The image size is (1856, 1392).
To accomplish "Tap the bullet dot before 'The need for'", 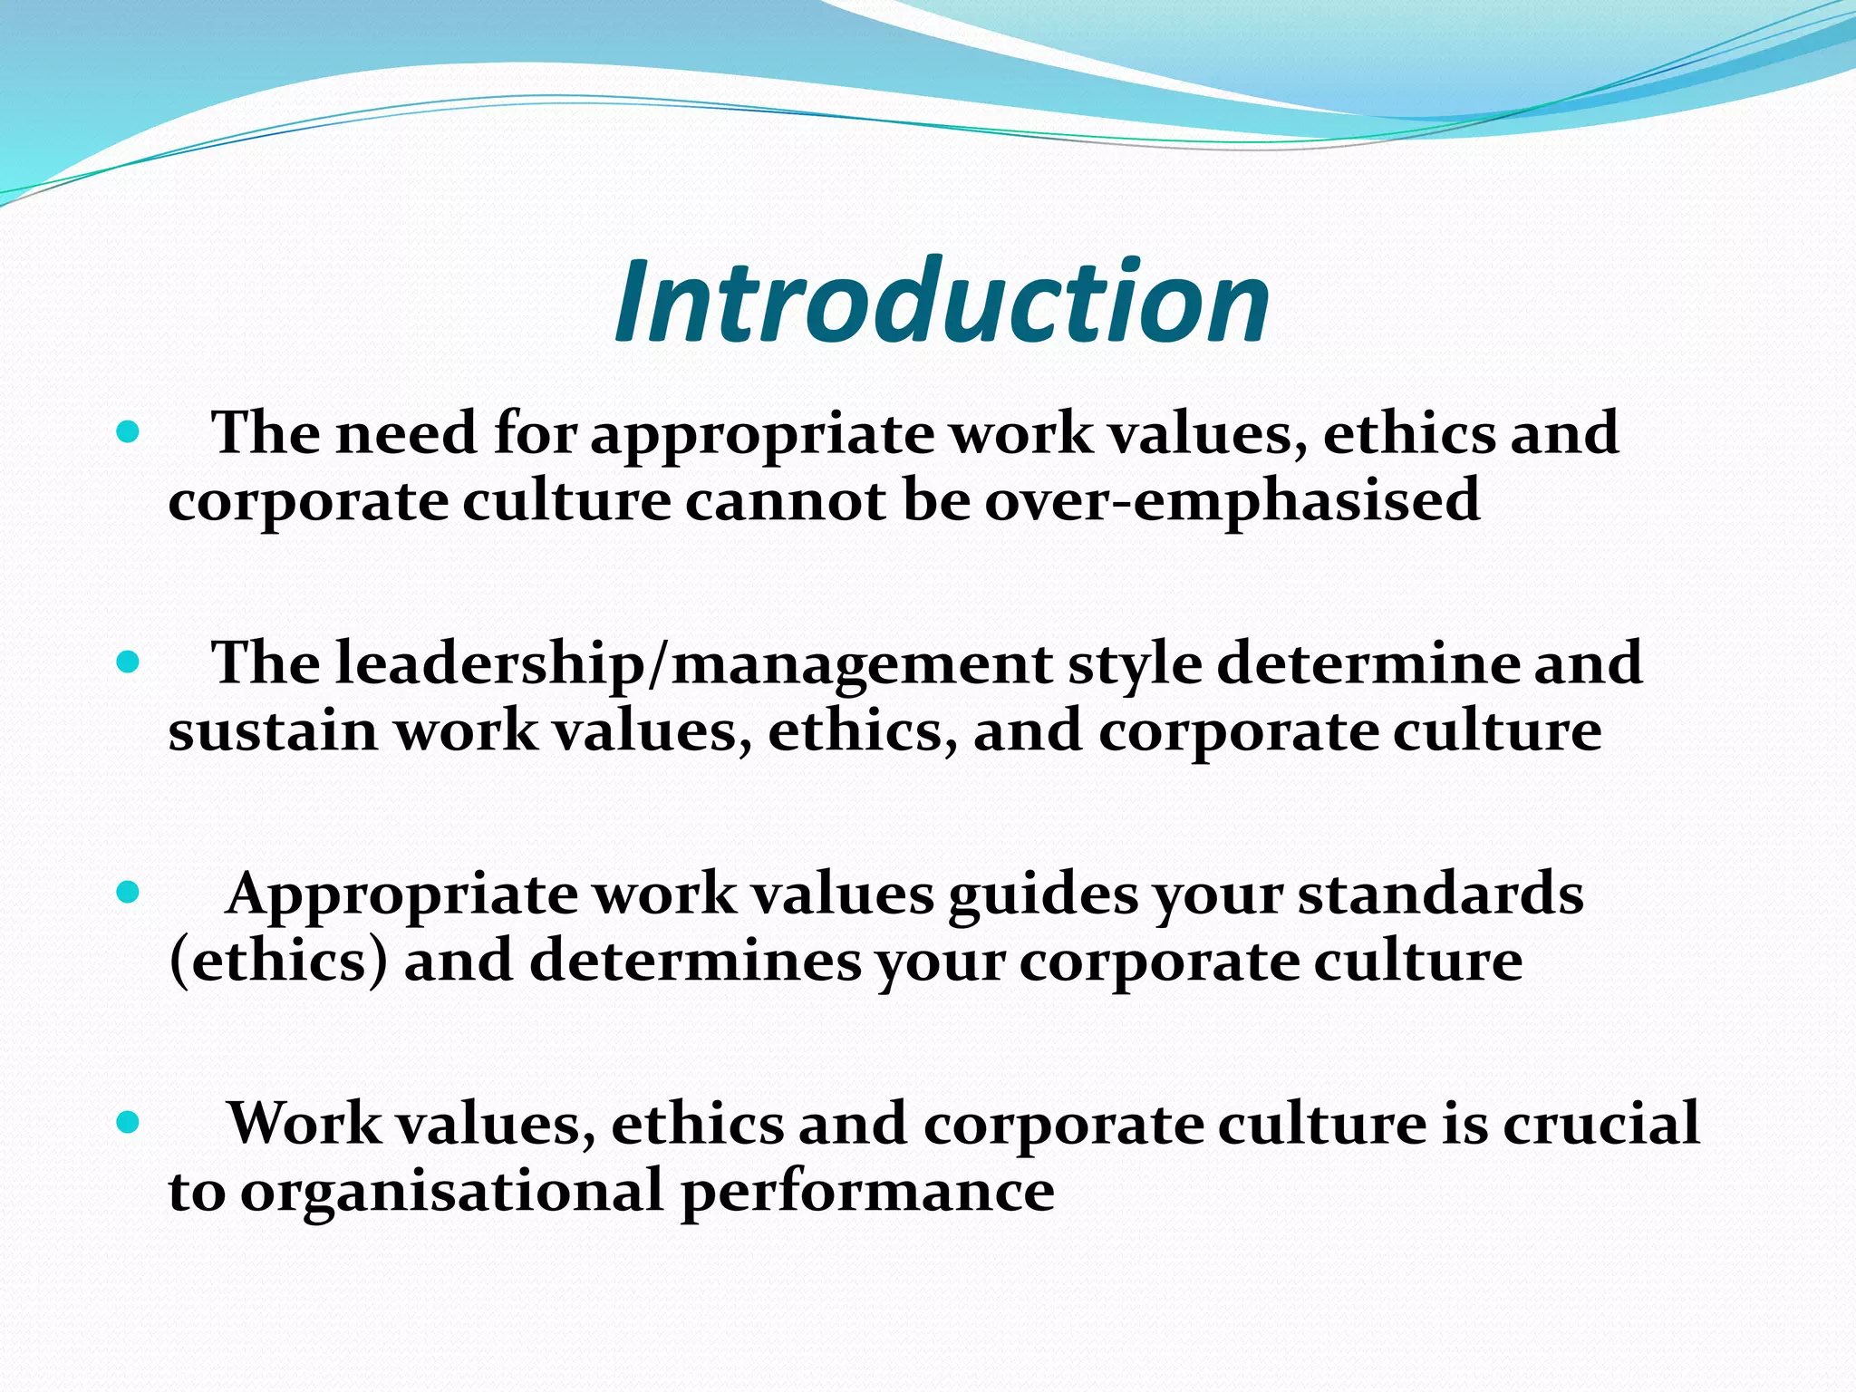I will pyautogui.click(x=129, y=432).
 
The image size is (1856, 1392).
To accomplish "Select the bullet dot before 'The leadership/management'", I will pyautogui.click(x=129, y=662).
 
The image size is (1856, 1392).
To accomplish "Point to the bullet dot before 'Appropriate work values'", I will pyautogui.click(x=129, y=893).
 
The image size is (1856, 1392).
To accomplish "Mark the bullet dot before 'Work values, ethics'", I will pyautogui.click(x=129, y=1123).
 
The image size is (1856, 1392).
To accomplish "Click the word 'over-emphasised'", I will pyautogui.click(x=1232, y=501).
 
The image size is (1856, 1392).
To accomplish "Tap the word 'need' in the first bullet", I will pyautogui.click(x=406, y=433).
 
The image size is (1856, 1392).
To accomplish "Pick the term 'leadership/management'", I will pyautogui.click(x=693, y=664).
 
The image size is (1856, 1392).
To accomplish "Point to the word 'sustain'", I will pyautogui.click(x=272, y=731).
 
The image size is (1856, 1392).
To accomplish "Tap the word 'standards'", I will pyautogui.click(x=1441, y=894).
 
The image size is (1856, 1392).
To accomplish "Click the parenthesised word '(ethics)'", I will pyautogui.click(x=278, y=962).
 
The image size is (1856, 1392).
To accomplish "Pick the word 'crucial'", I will pyautogui.click(x=1601, y=1125).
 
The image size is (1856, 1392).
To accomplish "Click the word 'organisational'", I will pyautogui.click(x=451, y=1193).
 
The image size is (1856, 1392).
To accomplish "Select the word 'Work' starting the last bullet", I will pyautogui.click(x=304, y=1125).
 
